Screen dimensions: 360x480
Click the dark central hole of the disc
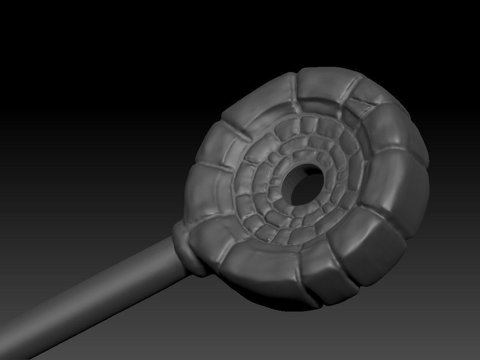tap(305, 184)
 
